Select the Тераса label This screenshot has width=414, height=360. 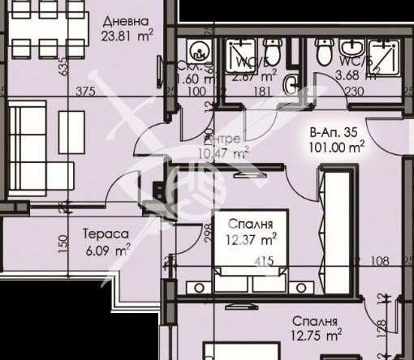(x=106, y=236)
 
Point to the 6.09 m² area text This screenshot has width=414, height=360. (x=106, y=251)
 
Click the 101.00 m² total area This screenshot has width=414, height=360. (x=337, y=147)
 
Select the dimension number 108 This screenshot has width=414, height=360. (x=381, y=261)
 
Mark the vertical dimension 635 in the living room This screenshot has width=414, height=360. (x=62, y=70)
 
